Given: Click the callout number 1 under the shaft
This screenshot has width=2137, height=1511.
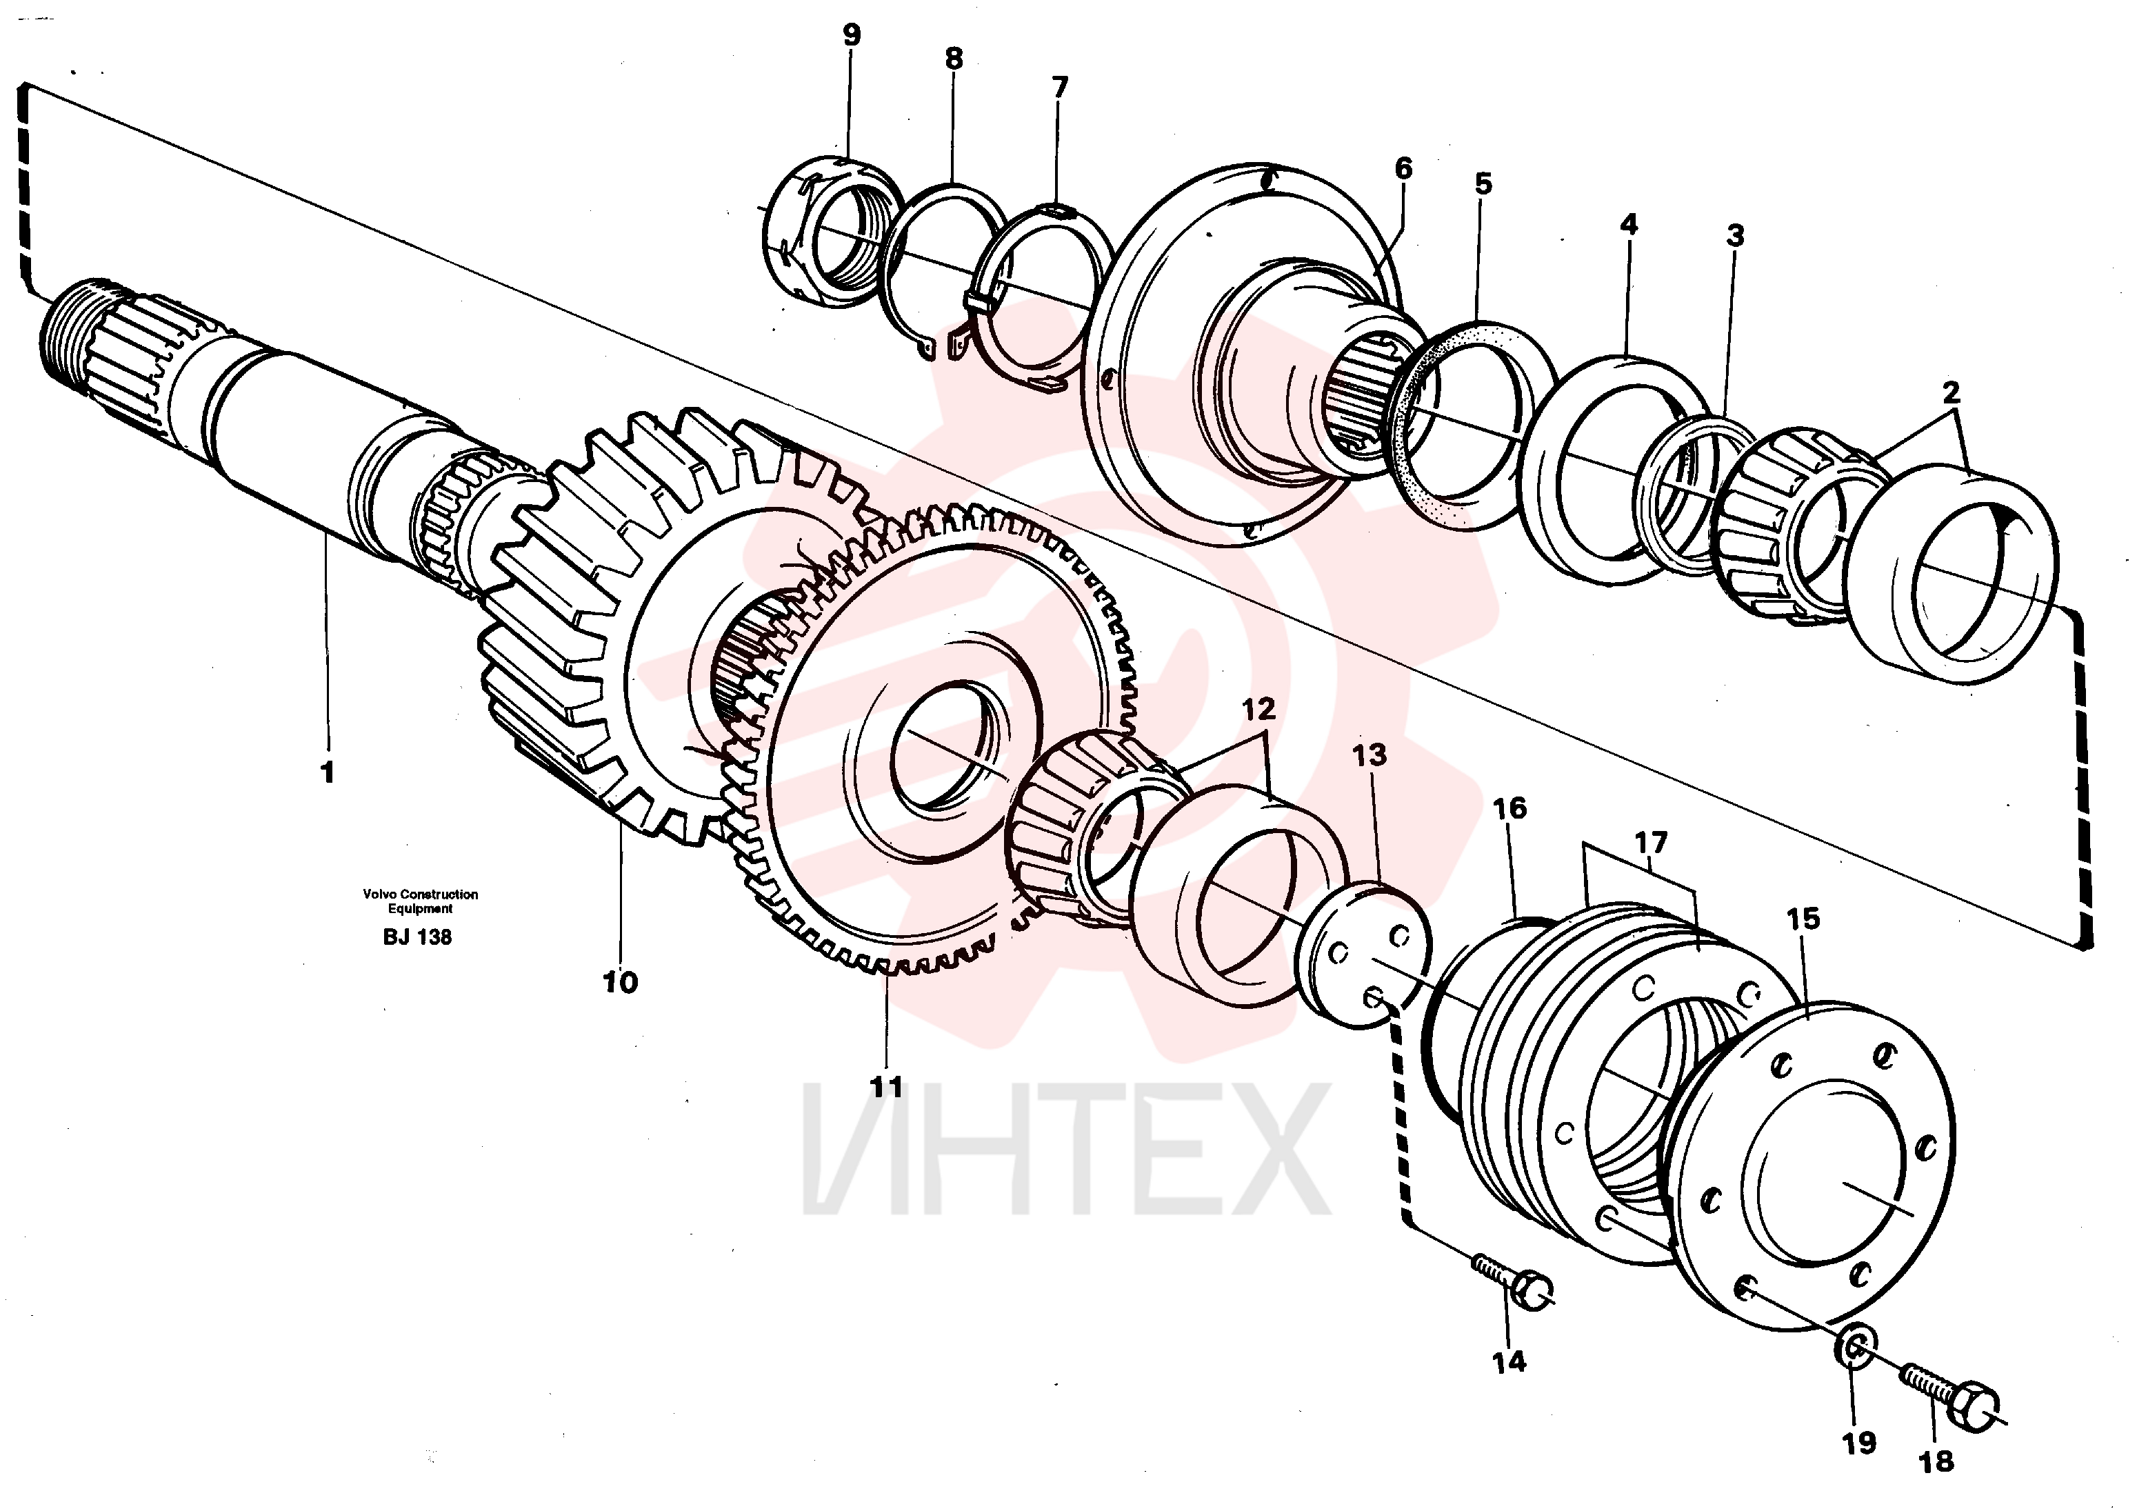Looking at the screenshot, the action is coord(327,772).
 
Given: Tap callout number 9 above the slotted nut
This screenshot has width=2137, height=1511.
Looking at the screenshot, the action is coord(852,35).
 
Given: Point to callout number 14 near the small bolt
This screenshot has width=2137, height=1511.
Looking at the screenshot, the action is coord(1509,1361).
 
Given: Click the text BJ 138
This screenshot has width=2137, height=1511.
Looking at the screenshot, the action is coord(417,937).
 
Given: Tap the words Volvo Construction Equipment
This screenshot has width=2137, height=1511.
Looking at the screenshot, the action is coord(421,901).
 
